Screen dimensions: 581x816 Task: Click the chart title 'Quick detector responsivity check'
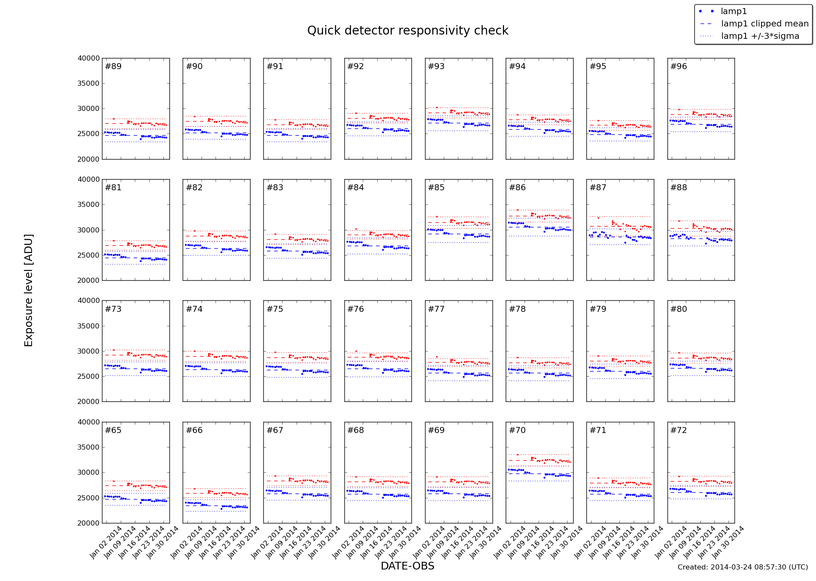point(408,31)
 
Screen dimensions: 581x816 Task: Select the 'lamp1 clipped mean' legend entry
point(764,24)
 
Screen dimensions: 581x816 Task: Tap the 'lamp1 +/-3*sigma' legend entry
point(760,36)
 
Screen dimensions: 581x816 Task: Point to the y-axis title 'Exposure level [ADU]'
point(29,290)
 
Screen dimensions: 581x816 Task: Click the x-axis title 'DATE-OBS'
point(407,566)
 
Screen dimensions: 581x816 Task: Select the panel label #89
point(113,67)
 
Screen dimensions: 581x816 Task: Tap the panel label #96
point(679,67)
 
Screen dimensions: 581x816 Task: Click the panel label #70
point(517,430)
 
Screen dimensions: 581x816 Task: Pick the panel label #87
point(598,188)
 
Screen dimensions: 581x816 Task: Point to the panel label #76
point(356,309)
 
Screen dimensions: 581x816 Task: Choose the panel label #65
point(113,430)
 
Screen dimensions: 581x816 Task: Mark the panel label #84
point(356,188)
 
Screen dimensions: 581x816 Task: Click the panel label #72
point(679,430)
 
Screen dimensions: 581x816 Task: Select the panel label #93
point(436,67)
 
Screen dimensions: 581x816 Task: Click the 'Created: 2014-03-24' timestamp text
point(743,567)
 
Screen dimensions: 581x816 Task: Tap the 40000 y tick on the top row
point(89,58)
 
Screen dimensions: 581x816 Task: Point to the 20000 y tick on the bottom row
point(89,523)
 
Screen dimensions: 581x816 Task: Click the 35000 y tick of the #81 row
point(89,205)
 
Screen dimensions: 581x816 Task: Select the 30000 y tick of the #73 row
point(89,352)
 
